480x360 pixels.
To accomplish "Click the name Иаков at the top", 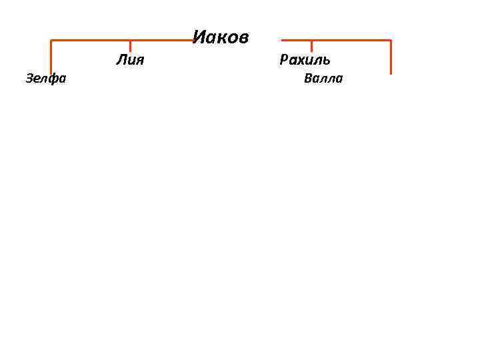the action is click(221, 37).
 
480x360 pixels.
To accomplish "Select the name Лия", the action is click(130, 61).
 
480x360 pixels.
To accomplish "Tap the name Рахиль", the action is click(305, 61).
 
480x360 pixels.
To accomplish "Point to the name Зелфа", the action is click(46, 79).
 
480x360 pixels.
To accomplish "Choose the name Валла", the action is click(323, 79).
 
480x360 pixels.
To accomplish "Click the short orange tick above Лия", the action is click(130, 45).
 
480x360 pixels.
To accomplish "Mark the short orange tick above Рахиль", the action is click(311, 45).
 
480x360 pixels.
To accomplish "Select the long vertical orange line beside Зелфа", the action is click(51, 57).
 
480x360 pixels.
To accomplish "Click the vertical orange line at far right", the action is click(391, 57).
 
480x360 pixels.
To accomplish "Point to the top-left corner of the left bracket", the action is click(51, 41).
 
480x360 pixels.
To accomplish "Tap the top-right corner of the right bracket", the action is click(391, 41).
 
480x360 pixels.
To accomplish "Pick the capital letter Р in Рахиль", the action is click(284, 61).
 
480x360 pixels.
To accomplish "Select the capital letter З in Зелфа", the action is click(29, 79).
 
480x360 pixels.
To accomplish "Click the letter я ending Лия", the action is click(140, 61).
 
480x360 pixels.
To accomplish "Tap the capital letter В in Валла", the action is click(307, 79).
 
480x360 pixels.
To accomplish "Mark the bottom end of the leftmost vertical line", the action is click(51, 73).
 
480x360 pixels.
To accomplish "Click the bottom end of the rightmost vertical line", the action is click(391, 73).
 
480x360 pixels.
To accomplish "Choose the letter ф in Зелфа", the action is click(52, 79).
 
